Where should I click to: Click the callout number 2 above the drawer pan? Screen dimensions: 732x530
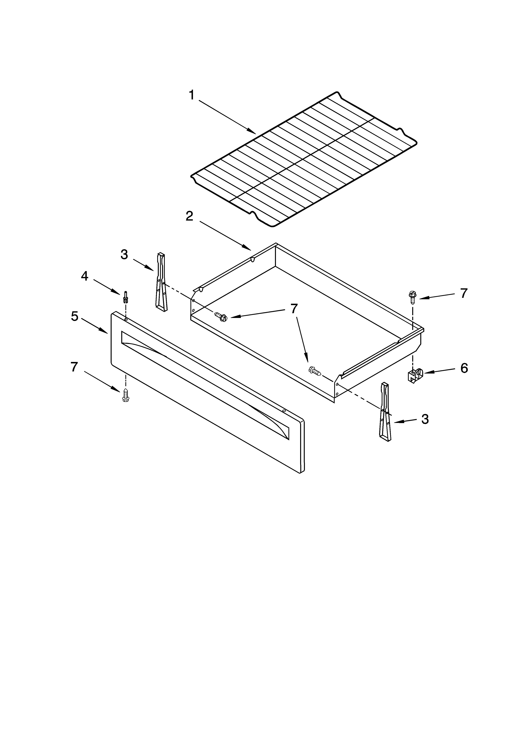click(x=189, y=216)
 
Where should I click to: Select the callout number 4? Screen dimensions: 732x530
click(x=85, y=276)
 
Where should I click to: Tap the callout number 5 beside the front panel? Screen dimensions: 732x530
click(x=75, y=316)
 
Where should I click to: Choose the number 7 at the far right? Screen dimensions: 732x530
click(x=464, y=293)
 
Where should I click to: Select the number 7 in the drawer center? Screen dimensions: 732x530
click(x=294, y=309)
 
